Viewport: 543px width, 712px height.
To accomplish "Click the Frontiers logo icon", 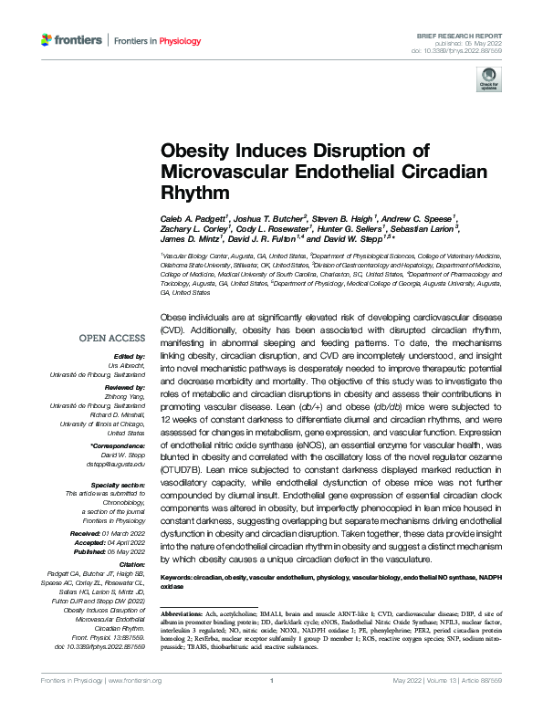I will pos(47,39).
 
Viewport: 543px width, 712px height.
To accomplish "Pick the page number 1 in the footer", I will pos(272,706).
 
